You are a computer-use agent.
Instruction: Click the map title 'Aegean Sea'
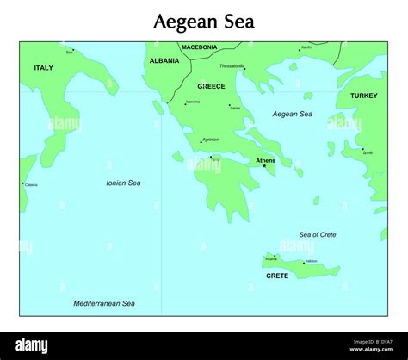pyautogui.click(x=204, y=21)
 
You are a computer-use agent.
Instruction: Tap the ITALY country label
pyautogui.click(x=43, y=68)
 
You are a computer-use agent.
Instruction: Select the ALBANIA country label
pyautogui.click(x=164, y=61)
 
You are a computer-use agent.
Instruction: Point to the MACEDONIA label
pyautogui.click(x=199, y=47)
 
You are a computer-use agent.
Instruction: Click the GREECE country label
pyautogui.click(x=211, y=86)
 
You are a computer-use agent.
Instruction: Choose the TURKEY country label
pyautogui.click(x=363, y=96)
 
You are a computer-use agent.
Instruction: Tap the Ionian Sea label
pyautogui.click(x=123, y=183)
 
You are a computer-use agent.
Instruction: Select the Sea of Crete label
pyautogui.click(x=318, y=234)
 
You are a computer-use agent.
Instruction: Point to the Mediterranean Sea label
pyautogui.click(x=104, y=303)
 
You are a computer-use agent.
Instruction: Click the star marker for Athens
pyautogui.click(x=264, y=165)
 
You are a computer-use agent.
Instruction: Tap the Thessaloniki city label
pyautogui.click(x=232, y=65)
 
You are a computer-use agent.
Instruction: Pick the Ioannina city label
pyautogui.click(x=193, y=102)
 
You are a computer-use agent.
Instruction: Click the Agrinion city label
pyautogui.click(x=211, y=139)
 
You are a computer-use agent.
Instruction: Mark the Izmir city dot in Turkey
pyautogui.click(x=362, y=148)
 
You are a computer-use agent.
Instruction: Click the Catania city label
pyautogui.click(x=31, y=184)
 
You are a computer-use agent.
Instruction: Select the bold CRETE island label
pyautogui.click(x=277, y=276)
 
